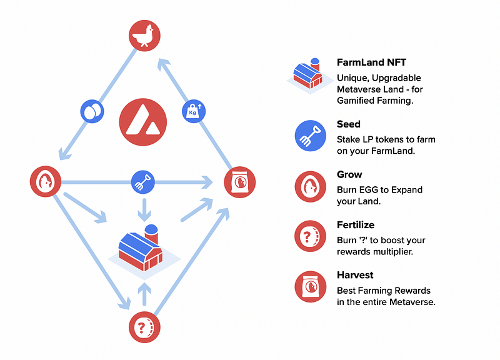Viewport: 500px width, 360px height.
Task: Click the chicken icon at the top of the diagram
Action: (x=144, y=35)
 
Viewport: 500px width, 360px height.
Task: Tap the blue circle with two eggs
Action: (x=92, y=111)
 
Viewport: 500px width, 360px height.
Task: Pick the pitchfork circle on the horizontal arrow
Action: (x=143, y=182)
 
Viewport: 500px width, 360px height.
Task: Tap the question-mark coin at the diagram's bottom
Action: (x=144, y=327)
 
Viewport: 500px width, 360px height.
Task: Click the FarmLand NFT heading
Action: (x=371, y=63)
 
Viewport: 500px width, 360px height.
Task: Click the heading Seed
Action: (x=349, y=124)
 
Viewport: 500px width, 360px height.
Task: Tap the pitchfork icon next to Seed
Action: (x=310, y=136)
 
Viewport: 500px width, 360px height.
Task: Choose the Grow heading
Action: (x=349, y=175)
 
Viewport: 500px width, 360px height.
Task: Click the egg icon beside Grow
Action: (x=310, y=186)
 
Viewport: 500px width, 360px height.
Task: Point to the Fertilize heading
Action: (x=356, y=225)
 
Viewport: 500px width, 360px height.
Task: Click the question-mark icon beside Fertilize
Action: (x=310, y=237)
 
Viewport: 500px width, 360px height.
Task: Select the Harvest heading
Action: (x=354, y=275)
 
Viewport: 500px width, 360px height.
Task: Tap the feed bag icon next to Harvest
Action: (x=310, y=287)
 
